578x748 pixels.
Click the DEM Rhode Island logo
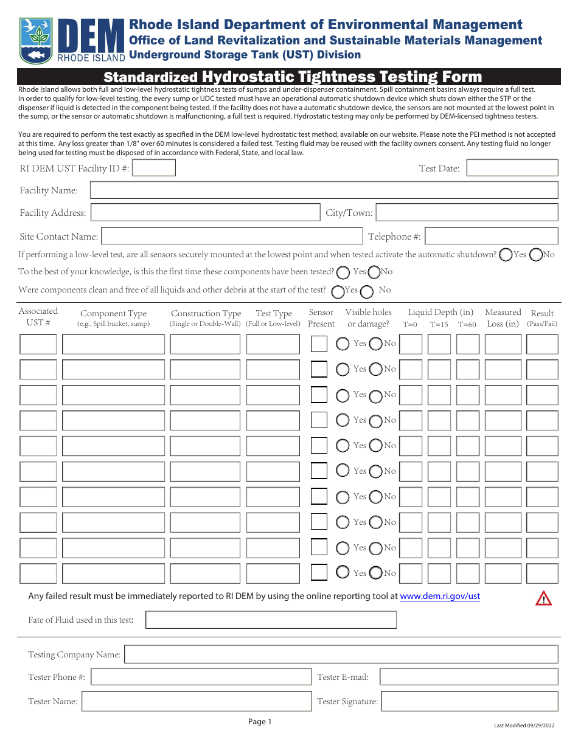[72, 40]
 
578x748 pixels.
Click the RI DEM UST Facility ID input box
[153, 168]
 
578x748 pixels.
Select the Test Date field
[512, 168]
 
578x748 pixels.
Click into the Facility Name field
[324, 190]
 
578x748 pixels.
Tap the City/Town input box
[467, 212]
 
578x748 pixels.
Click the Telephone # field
[490, 236]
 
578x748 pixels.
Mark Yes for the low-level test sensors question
[505, 255]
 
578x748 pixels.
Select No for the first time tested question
[374, 272]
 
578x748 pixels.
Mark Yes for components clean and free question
[338, 291]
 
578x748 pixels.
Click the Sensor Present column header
[321, 318]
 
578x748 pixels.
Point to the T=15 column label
[439, 325]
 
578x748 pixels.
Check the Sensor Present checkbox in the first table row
[319, 344]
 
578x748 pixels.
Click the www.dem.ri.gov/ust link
[439, 596]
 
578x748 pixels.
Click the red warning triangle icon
[543, 598]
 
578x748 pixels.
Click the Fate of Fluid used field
[271, 620]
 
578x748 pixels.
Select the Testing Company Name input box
[341, 654]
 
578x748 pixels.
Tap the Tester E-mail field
[468, 677]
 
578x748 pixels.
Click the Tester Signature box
[469, 701]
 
